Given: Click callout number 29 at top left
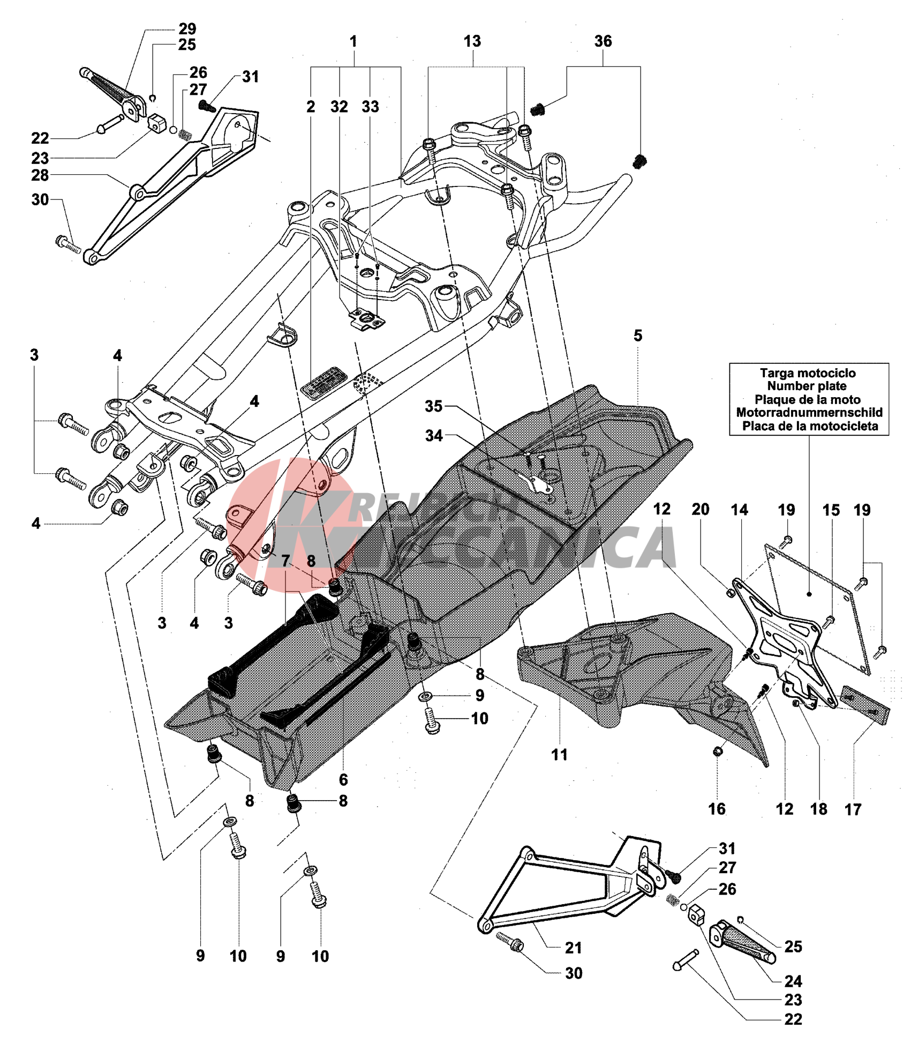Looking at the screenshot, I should [x=187, y=28].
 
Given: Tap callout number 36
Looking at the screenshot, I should [x=603, y=41].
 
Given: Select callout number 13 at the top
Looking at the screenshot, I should [x=472, y=41].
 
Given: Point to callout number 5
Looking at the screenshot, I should [x=637, y=336].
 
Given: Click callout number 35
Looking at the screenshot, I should [x=433, y=406].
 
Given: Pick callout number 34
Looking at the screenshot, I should [x=434, y=436].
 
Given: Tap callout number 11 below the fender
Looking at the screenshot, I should [x=559, y=755].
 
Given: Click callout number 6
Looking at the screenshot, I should [x=343, y=779].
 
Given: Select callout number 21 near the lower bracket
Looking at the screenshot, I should [x=573, y=948].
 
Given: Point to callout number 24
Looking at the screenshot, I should [x=793, y=981].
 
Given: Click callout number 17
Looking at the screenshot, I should [x=853, y=809].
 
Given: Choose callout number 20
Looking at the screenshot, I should [x=700, y=509].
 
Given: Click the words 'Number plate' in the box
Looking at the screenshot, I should [x=807, y=386].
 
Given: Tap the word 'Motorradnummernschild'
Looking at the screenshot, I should [x=809, y=412].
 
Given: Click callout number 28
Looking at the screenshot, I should [x=40, y=175].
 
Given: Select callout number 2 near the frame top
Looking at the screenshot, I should [x=311, y=107].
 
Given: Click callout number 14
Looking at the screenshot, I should [x=739, y=510].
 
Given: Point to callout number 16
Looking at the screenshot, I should [x=717, y=809].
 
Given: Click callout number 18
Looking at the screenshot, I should [x=818, y=809].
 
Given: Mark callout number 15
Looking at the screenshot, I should [x=831, y=510].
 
